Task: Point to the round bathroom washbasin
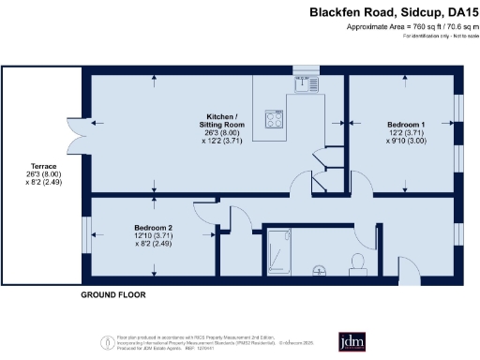320,271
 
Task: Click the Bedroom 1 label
407,125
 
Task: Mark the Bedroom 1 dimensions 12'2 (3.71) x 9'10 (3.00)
407,139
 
